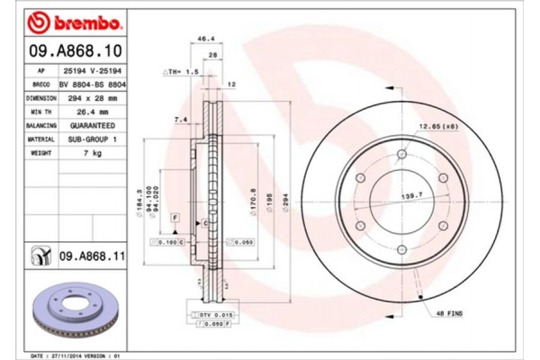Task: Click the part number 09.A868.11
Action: (x=90, y=257)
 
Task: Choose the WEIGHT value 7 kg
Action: (x=88, y=154)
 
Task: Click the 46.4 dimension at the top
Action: (x=205, y=40)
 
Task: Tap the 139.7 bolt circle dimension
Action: (x=409, y=194)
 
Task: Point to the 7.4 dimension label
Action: (x=180, y=119)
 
